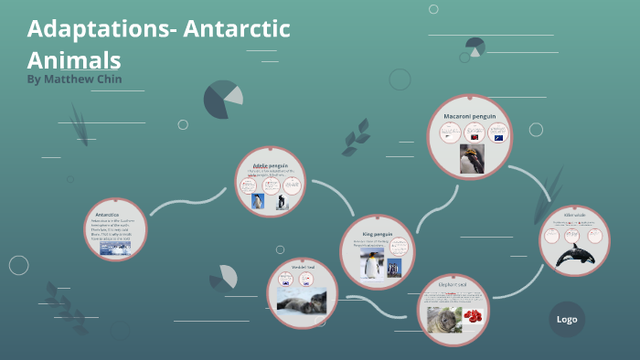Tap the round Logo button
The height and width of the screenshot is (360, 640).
pos(566,319)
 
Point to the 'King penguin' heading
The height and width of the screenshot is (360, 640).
pos(377,234)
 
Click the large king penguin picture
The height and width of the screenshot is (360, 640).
pos(370,264)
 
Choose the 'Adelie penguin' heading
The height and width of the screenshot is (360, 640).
pos(271,164)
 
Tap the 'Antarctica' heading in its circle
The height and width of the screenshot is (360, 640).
pos(108,215)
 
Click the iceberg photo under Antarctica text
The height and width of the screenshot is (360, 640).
pos(115,248)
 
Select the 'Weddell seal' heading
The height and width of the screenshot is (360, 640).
pos(303,266)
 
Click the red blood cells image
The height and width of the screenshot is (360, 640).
pos(474,317)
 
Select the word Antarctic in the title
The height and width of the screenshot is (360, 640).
pos(237,28)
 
